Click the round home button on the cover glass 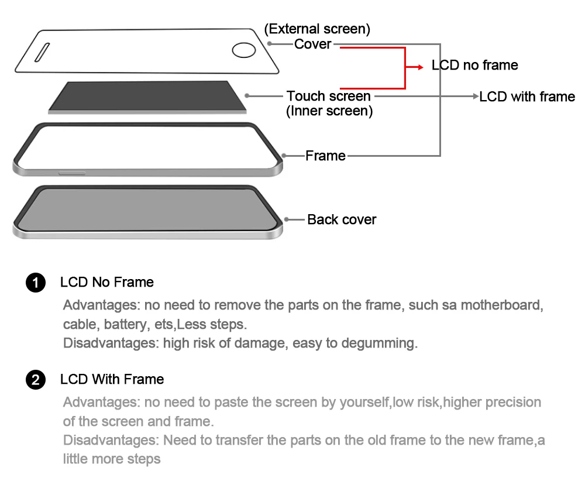pos(243,50)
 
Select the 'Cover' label pos(312,44)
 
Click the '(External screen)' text pos(317,29)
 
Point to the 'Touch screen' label pos(328,96)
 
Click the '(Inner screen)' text pos(329,111)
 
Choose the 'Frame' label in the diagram pos(325,156)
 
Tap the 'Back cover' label pos(342,219)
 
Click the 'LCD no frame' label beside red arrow pos(474,65)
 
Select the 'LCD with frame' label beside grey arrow pos(527,97)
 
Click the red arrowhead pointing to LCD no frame pos(419,67)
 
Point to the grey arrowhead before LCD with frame pos(476,97)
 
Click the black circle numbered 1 pos(36,283)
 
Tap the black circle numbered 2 pos(36,380)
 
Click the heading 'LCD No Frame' pos(106,282)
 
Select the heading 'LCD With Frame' pos(112,379)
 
